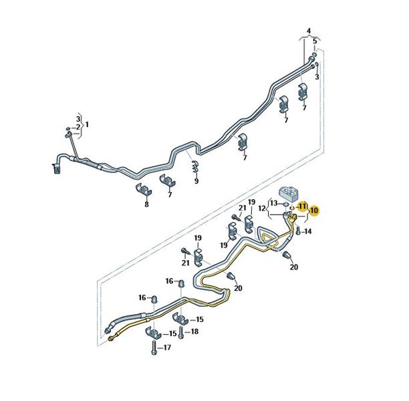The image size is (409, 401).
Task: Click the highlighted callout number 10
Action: [x=314, y=210]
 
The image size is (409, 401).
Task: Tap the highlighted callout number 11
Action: [x=302, y=207]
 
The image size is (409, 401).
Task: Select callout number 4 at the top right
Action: [x=309, y=31]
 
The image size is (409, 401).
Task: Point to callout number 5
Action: [x=315, y=41]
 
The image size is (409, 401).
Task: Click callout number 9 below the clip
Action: [x=196, y=181]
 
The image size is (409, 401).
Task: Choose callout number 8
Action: [x=146, y=205]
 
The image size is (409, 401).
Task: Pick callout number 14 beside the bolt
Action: [x=308, y=231]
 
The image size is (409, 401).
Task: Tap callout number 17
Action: [x=167, y=348]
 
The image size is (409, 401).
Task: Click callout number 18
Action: [x=194, y=331]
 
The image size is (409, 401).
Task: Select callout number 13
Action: [x=274, y=203]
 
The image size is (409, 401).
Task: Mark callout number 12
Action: [x=262, y=209]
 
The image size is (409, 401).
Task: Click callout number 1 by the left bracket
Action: [x=87, y=124]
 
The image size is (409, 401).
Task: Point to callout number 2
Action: [x=78, y=127]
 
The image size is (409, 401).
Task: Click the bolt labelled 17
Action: [x=154, y=348]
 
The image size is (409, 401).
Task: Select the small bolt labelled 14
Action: [x=299, y=231]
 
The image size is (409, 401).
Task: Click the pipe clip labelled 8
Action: [x=144, y=190]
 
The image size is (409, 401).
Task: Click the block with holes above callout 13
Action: [x=289, y=193]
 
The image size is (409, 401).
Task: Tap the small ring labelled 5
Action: [x=315, y=55]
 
